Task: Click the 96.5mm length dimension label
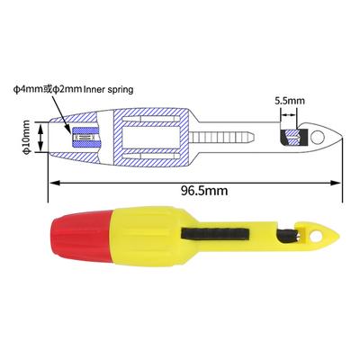pyautogui.click(x=204, y=191)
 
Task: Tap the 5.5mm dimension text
pyautogui.click(x=290, y=101)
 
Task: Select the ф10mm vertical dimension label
pyautogui.click(x=27, y=138)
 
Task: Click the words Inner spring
pyautogui.click(x=109, y=89)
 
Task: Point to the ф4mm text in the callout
pyautogui.click(x=29, y=89)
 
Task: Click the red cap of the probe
pyautogui.click(x=82, y=236)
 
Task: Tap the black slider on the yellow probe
pyautogui.click(x=215, y=234)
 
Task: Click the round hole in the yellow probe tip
pyautogui.click(x=316, y=237)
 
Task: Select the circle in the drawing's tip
pyautogui.click(x=318, y=137)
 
